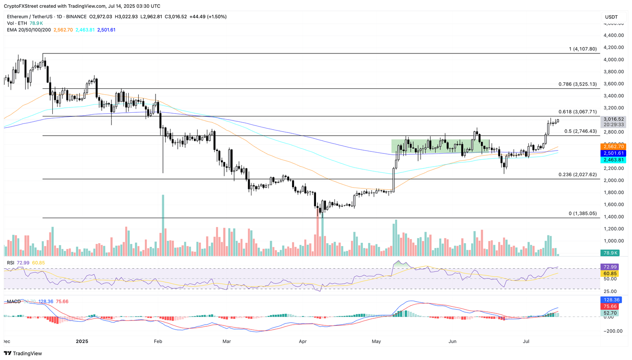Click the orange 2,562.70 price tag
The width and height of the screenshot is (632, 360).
(613, 146)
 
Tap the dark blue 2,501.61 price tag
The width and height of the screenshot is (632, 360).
(613, 153)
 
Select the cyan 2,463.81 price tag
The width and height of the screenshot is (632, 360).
(613, 160)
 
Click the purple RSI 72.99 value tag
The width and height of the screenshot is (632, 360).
(609, 267)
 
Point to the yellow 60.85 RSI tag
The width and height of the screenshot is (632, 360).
(609, 274)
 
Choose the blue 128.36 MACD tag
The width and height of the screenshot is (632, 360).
(611, 300)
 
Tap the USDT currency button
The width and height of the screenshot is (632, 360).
(611, 17)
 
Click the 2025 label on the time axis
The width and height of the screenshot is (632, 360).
(82, 341)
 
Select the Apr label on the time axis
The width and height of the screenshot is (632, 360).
(303, 341)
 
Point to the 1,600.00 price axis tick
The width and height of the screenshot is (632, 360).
(613, 204)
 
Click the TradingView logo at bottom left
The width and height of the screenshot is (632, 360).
(23, 353)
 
